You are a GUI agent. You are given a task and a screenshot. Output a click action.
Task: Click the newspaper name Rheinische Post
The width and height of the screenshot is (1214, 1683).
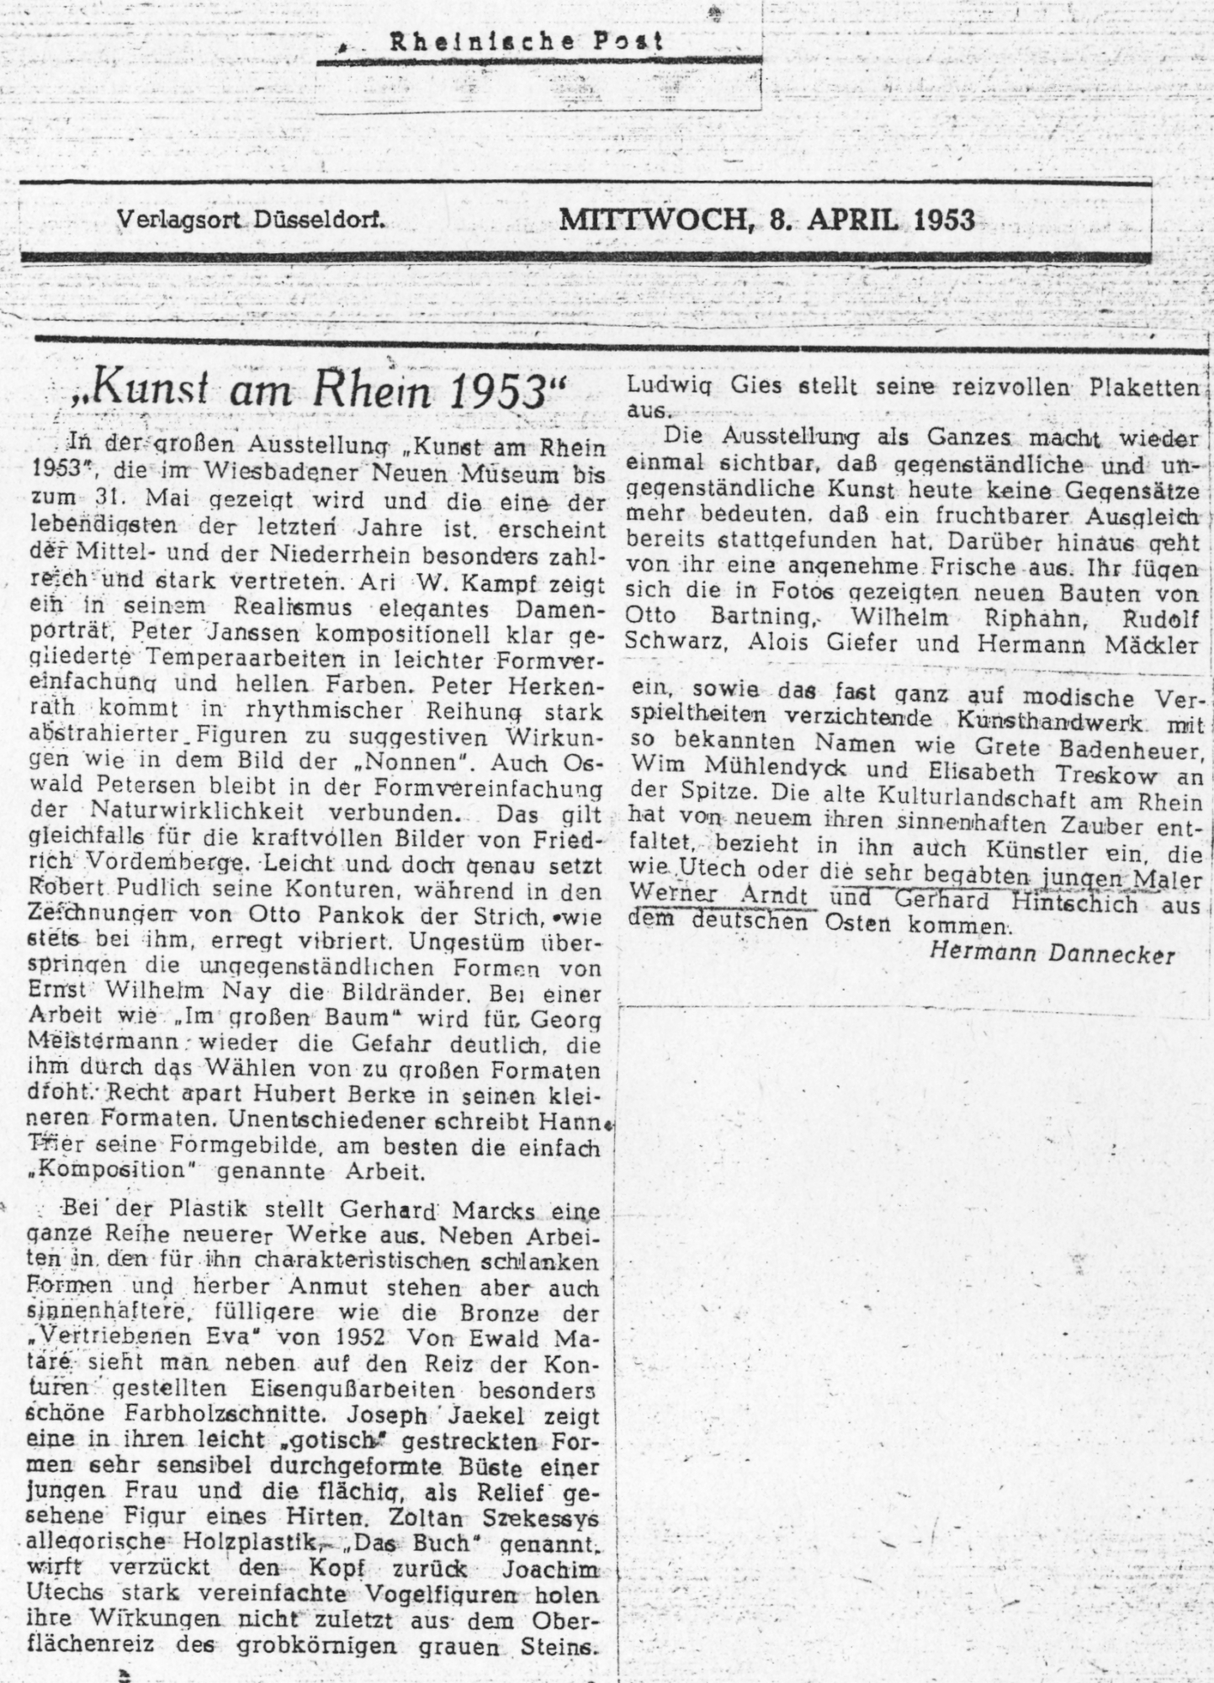(525, 41)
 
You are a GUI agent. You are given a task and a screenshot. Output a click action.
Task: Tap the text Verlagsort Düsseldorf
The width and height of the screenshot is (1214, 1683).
(251, 220)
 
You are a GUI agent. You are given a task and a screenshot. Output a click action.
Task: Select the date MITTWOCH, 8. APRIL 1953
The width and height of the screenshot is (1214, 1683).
(767, 220)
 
